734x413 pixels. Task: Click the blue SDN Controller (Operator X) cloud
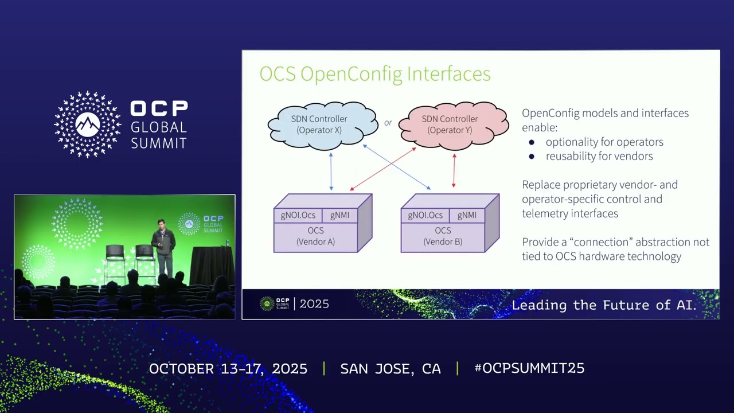click(323, 125)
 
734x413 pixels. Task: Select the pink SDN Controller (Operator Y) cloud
click(454, 125)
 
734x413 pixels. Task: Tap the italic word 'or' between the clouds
click(388, 123)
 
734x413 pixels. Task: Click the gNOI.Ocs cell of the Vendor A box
click(298, 215)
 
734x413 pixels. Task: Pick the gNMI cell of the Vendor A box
click(339, 215)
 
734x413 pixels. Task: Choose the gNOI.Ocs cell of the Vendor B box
click(425, 215)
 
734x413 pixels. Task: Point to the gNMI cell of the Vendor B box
click(467, 215)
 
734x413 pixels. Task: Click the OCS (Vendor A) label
click(315, 236)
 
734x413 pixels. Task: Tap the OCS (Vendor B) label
click(443, 236)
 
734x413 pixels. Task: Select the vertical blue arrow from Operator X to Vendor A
click(331, 172)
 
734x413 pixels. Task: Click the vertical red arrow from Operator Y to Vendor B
click(454, 170)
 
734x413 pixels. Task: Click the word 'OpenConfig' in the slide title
click(352, 75)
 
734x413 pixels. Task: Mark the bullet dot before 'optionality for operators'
click(532, 142)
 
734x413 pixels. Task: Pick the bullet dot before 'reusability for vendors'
click(532, 157)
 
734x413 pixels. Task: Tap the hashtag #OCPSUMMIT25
click(529, 368)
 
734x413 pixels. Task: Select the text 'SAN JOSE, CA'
click(391, 369)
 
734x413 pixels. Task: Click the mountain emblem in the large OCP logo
click(88, 124)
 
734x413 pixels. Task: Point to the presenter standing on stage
click(163, 247)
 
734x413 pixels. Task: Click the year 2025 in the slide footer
click(314, 304)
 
